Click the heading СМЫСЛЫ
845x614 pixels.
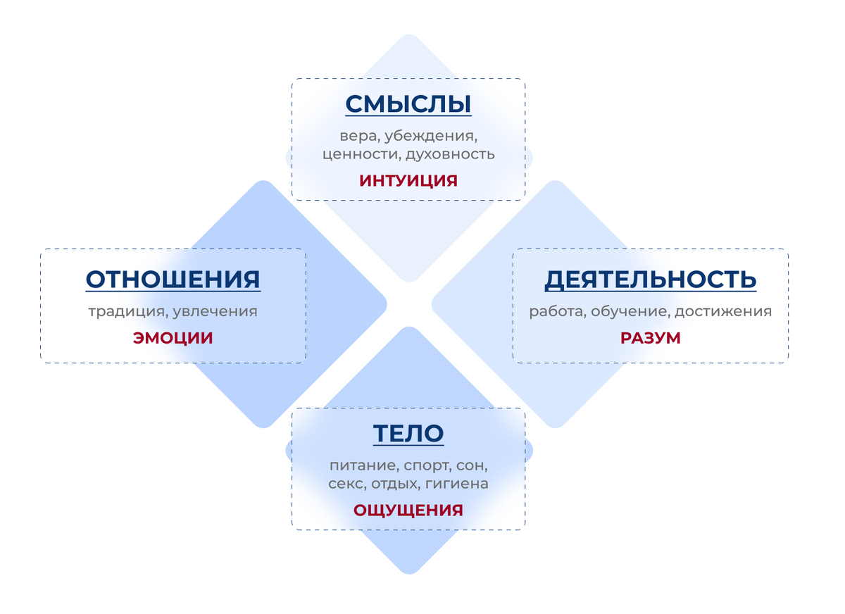[x=408, y=104]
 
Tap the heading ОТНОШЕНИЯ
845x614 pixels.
[x=173, y=280]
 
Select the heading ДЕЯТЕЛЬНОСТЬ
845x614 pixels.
[x=650, y=280]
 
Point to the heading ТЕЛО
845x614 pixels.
[x=408, y=434]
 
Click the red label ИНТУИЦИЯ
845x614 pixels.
[x=408, y=180]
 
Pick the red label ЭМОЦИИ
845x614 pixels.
[x=173, y=338]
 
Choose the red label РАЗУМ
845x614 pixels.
[x=650, y=338]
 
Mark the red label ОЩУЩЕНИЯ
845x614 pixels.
[x=408, y=510]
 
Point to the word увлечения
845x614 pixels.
[x=215, y=311]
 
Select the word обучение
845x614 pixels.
[x=628, y=311]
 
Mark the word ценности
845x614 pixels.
[x=353, y=153]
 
